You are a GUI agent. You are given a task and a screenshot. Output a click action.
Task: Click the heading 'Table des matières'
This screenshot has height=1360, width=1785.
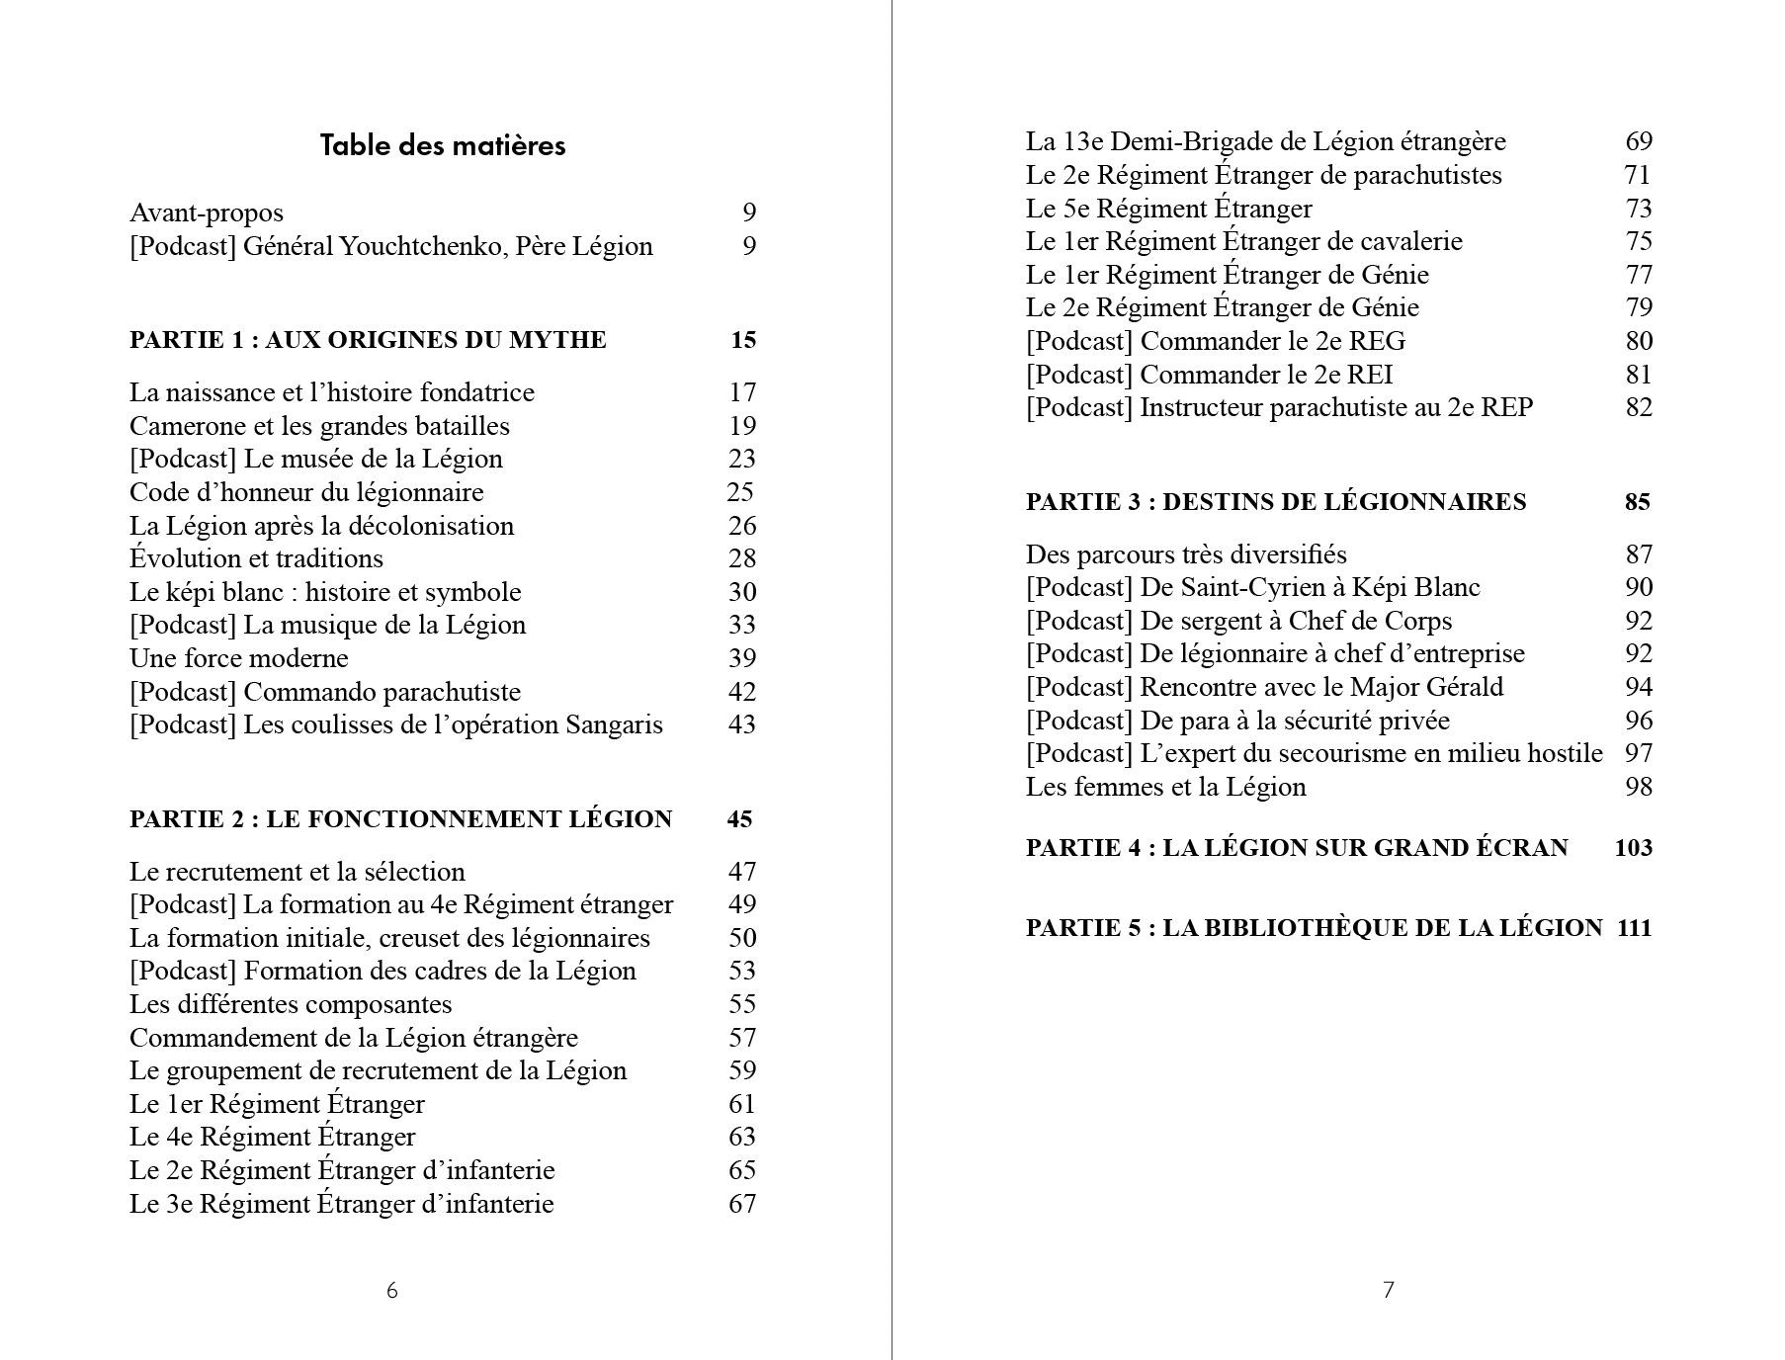(443, 145)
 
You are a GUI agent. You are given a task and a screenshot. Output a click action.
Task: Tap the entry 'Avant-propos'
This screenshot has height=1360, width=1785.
(207, 212)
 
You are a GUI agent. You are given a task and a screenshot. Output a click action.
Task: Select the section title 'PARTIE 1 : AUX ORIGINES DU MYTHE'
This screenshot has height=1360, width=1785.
(368, 340)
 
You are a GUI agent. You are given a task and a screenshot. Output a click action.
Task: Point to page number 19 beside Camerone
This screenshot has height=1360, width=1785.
(742, 426)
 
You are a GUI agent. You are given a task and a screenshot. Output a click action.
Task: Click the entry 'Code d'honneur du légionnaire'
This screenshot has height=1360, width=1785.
(306, 492)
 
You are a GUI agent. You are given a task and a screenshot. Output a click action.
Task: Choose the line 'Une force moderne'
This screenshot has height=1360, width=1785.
(239, 658)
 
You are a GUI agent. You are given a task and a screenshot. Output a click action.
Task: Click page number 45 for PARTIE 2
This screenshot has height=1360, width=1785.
(739, 819)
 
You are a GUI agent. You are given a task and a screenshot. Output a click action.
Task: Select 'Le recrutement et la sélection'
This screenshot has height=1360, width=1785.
(297, 872)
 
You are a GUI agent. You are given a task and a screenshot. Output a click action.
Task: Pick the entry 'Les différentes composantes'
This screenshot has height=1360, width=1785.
(291, 1004)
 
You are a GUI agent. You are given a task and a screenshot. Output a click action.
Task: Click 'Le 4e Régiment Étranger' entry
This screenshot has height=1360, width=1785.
(273, 1137)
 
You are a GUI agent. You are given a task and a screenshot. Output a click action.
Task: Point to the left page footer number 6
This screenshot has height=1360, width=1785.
(392, 1290)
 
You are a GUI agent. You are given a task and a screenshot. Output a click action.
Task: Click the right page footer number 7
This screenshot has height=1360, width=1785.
(1389, 1290)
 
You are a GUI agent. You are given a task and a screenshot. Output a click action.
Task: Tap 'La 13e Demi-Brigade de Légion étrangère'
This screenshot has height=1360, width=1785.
(1265, 141)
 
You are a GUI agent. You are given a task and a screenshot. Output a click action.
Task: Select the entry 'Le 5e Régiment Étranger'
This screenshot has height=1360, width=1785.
(1169, 209)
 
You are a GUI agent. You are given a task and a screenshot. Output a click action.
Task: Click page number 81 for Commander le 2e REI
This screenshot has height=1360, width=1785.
(1639, 375)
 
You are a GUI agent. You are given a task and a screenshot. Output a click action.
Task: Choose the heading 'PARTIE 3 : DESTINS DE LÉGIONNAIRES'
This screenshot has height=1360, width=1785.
(1276, 502)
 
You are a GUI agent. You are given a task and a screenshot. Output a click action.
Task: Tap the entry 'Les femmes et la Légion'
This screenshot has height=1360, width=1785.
(1166, 787)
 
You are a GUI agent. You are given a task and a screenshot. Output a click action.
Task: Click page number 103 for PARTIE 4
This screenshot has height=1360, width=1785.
(1633, 848)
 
